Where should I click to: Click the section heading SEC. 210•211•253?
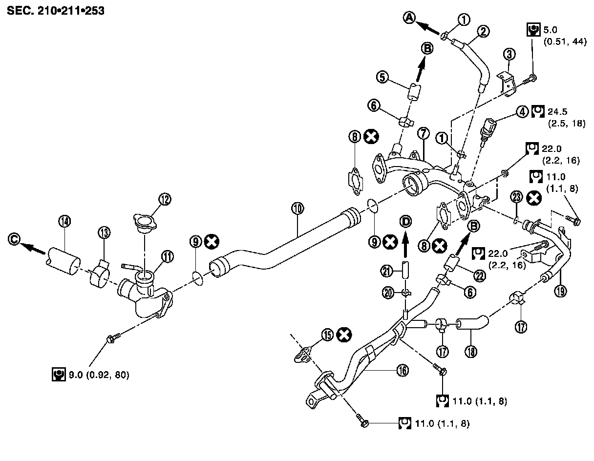tap(55, 10)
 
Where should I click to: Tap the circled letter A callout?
tap(409, 18)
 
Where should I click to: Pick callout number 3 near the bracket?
tap(509, 54)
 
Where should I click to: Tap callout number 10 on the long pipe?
tap(297, 209)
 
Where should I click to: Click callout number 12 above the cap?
tap(165, 199)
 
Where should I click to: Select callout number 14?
tap(64, 221)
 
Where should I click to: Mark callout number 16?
tap(402, 371)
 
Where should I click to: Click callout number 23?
tap(517, 197)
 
